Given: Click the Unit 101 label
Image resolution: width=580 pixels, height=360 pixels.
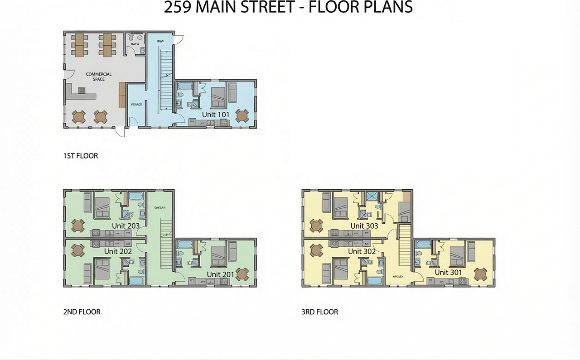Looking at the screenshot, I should pyautogui.click(x=215, y=115).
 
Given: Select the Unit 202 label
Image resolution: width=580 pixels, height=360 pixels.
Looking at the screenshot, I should pyautogui.click(x=118, y=251).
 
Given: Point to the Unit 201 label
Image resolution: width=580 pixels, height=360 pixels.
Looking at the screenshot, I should pyautogui.click(x=220, y=274).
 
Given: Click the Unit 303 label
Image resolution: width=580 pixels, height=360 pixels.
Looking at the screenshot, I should pyautogui.click(x=364, y=226).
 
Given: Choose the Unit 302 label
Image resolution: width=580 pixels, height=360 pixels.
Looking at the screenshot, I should pyautogui.click(x=362, y=251).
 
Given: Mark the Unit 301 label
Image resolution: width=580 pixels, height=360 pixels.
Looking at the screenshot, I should pyautogui.click(x=448, y=272).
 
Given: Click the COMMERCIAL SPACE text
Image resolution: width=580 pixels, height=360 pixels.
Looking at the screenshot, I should pyautogui.click(x=99, y=77).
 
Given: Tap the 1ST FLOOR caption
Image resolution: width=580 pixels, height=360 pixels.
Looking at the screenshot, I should pyautogui.click(x=81, y=156).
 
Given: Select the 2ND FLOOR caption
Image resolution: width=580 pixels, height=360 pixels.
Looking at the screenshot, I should pyautogui.click(x=82, y=312).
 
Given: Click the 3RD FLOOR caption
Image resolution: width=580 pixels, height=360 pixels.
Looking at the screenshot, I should pyautogui.click(x=320, y=312).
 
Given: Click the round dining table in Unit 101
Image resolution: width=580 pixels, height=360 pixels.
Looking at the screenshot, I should pyautogui.click(x=242, y=116).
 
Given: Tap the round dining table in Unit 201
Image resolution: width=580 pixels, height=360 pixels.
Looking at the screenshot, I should pyautogui.click(x=242, y=274).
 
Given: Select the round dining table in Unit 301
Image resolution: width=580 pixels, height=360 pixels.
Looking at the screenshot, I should pyautogui.click(x=480, y=274).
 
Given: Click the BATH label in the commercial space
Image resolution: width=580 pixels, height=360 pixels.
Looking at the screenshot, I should pyautogui.click(x=135, y=44).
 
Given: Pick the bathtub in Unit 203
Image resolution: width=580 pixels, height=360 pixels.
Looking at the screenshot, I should pyautogui.click(x=135, y=197).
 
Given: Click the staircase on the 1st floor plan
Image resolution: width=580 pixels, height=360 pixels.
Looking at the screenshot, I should pyautogui.click(x=166, y=77).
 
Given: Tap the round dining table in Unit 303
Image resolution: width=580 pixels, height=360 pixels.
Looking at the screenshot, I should pyautogui.click(x=316, y=225).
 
